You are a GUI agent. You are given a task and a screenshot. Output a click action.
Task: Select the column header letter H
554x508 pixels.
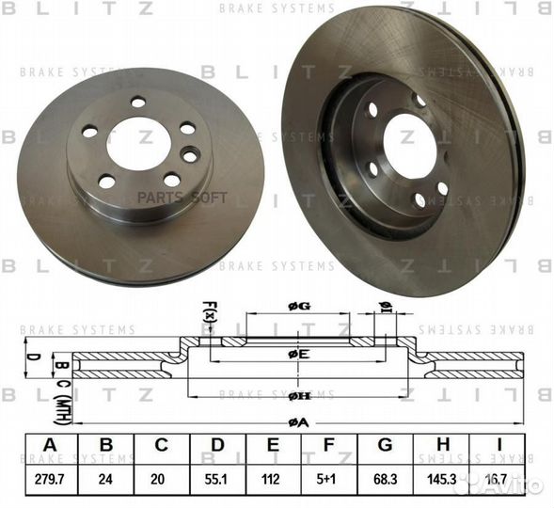tap(440, 446)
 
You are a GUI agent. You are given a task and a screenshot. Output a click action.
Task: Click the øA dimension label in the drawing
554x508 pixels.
tap(299, 423)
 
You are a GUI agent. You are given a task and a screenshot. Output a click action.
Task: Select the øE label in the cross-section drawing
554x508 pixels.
tap(299, 353)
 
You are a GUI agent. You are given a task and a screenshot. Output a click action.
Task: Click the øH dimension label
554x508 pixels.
tap(299, 396)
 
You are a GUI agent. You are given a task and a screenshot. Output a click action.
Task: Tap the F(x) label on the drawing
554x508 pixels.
tap(209, 310)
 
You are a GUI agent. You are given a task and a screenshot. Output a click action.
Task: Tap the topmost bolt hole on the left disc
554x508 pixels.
tap(138, 102)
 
